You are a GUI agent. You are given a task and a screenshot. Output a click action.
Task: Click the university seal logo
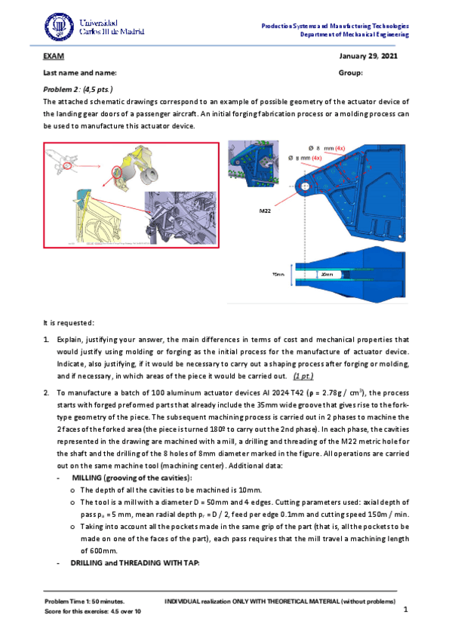59,26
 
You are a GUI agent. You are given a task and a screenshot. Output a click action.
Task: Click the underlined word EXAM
54,57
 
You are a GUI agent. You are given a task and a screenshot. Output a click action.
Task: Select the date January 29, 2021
368,57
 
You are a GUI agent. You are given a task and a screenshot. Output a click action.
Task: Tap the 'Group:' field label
350,73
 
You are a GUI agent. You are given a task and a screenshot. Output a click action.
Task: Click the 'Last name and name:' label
80,73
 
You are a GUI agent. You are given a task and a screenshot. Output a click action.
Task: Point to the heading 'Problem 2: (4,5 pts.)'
78,89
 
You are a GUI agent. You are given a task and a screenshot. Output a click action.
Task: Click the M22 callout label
265,211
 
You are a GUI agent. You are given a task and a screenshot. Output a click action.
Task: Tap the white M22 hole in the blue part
305,186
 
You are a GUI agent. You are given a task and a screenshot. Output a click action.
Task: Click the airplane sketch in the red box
61,162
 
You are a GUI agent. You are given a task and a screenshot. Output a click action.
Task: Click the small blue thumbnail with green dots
254,164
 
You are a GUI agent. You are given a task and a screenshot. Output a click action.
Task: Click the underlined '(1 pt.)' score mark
303,377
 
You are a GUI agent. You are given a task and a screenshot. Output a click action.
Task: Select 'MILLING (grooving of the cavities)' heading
132,478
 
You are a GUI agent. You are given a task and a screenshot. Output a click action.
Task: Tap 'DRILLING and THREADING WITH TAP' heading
135,563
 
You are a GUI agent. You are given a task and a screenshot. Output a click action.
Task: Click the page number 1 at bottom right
405,609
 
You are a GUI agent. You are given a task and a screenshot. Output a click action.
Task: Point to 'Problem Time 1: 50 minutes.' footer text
85,602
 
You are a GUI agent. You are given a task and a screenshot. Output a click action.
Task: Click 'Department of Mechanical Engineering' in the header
355,35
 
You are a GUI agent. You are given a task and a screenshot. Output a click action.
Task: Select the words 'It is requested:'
69,323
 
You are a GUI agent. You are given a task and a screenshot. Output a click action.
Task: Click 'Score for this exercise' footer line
93,611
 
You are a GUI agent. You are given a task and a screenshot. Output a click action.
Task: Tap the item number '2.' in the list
47,393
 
